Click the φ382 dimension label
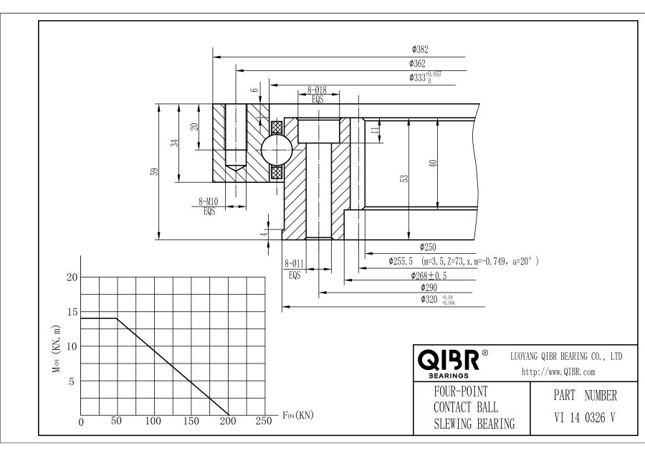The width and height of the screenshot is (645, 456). point(420,50)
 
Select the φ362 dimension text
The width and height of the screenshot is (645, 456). point(420,64)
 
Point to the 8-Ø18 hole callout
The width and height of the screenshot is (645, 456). point(317,90)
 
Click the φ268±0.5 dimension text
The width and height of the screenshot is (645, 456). point(429,275)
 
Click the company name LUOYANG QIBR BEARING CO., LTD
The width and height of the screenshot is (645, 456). point(565,356)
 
